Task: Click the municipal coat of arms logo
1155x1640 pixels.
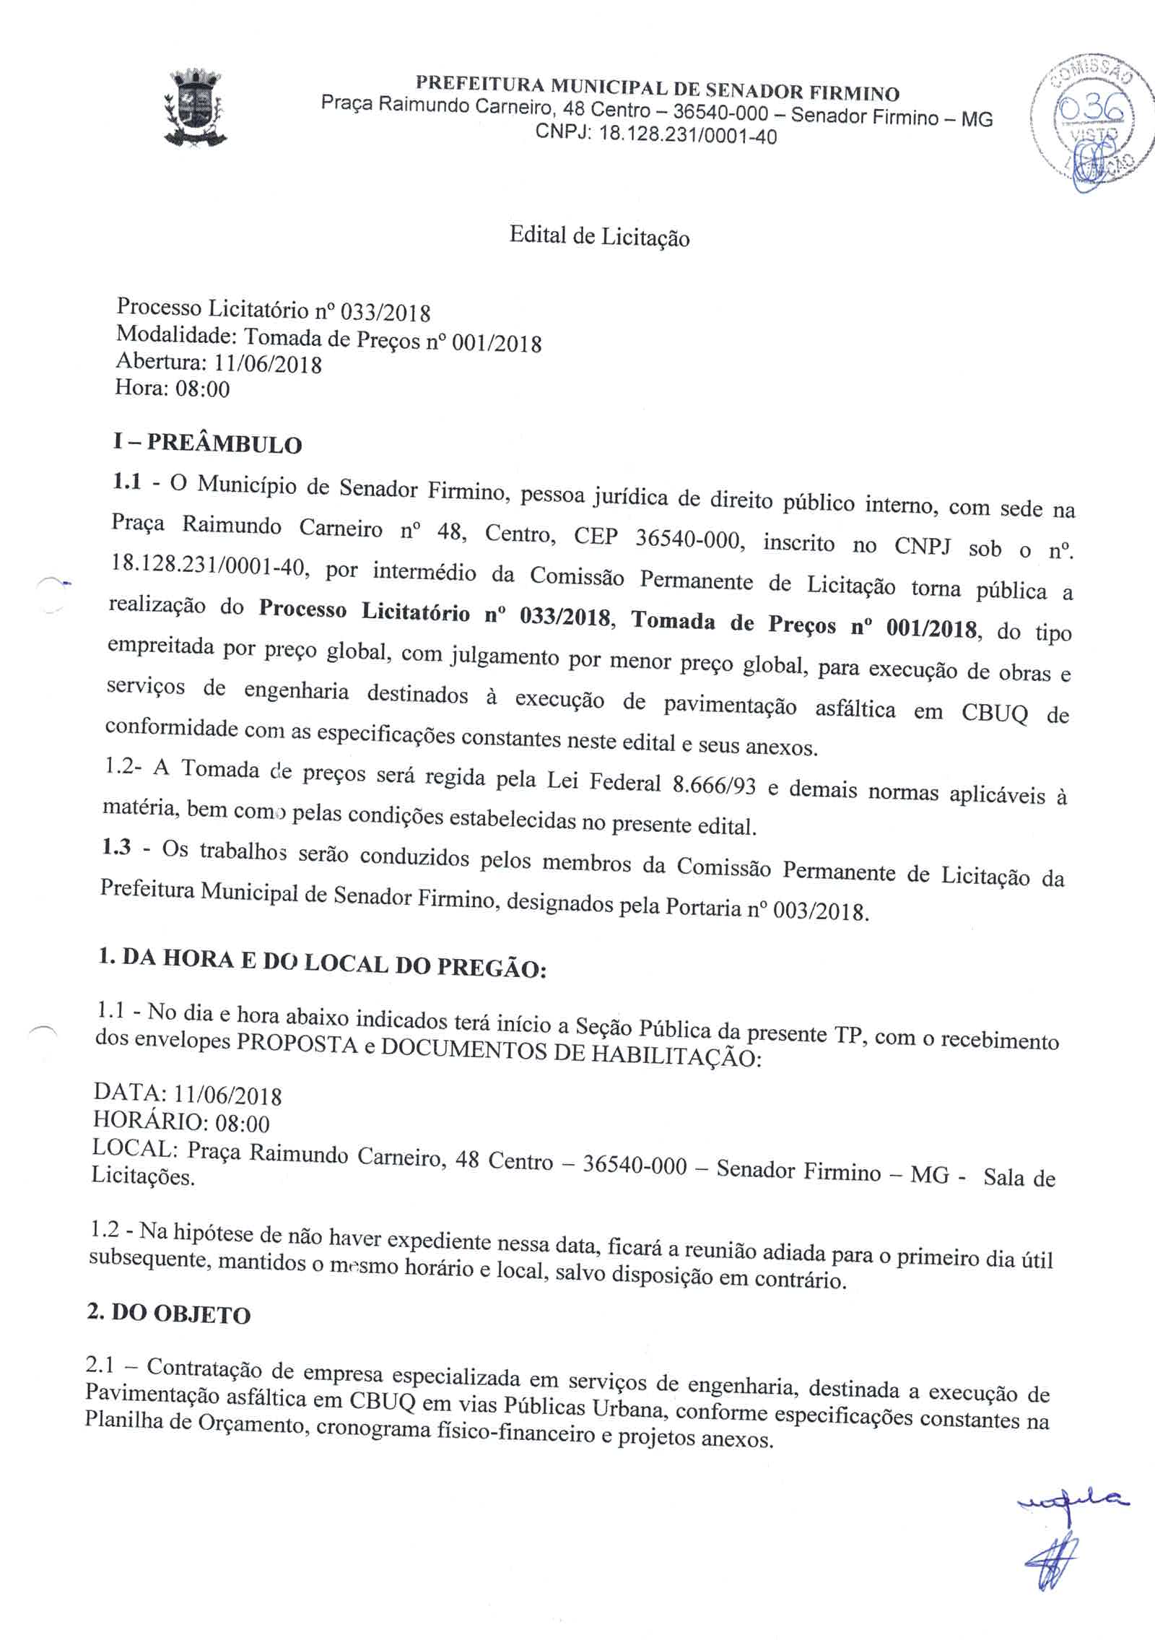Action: coord(195,108)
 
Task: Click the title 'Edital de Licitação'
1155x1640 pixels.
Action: coord(599,237)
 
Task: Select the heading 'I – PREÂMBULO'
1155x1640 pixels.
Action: coord(208,443)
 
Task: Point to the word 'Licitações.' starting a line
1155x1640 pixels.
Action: coord(143,1175)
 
